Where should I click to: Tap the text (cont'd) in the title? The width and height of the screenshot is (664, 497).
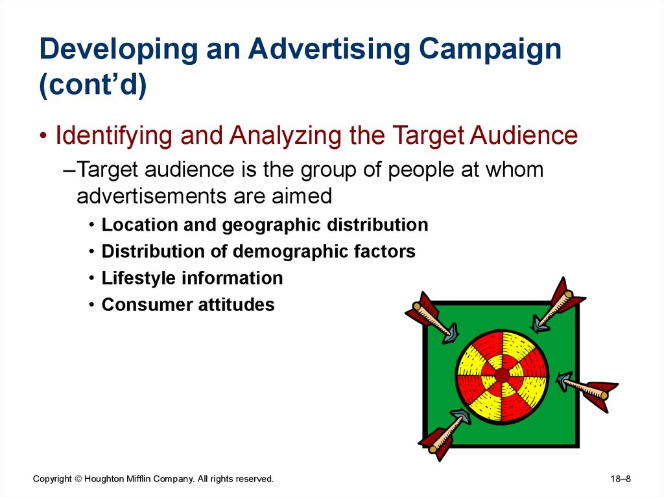pyautogui.click(x=93, y=85)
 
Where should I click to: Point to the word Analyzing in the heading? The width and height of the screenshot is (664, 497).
pyautogui.click(x=286, y=136)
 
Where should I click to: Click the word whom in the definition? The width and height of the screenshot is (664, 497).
pyautogui.click(x=514, y=169)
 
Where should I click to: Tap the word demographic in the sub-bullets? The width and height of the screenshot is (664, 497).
pyautogui.click(x=290, y=252)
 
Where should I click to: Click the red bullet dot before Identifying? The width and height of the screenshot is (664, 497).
pyautogui.click(x=43, y=136)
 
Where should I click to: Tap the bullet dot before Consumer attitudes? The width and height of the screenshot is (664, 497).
pyautogui.click(x=91, y=305)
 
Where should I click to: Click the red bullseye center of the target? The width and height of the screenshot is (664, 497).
pyautogui.click(x=502, y=375)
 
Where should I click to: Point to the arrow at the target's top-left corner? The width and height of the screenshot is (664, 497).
pyautogui.click(x=433, y=318)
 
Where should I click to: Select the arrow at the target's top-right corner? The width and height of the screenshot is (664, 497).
pyautogui.click(x=558, y=305)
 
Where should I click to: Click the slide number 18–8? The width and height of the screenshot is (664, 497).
pyautogui.click(x=621, y=479)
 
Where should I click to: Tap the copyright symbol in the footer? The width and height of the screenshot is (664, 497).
pyautogui.click(x=78, y=479)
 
